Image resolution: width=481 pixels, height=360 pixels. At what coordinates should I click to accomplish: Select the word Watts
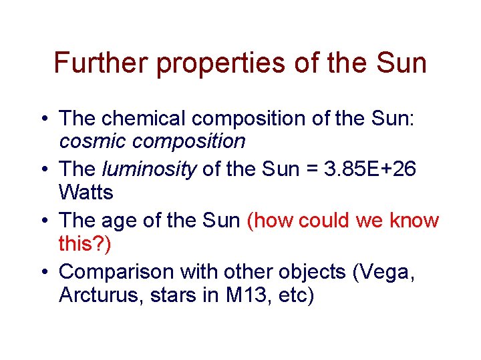86,193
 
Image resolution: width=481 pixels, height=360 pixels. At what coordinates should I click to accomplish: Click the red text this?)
85,245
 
